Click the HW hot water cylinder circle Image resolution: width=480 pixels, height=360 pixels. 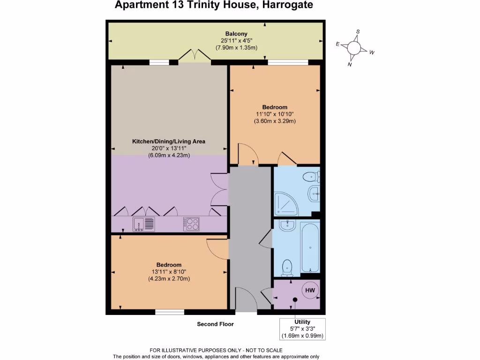coord(310,291)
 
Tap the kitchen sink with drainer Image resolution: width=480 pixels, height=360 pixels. coord(143,224)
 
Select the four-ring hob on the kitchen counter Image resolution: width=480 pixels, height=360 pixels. coord(191,224)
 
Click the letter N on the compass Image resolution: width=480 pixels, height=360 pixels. coord(349,65)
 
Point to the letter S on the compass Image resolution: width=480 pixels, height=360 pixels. coord(358,32)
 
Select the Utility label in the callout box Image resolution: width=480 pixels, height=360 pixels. coord(302,322)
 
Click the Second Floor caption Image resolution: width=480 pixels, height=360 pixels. coord(215,324)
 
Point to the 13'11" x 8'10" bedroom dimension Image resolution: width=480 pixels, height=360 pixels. coord(169,272)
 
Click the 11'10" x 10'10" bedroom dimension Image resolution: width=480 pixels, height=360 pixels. coord(275,114)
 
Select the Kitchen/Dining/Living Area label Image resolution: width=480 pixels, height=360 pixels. coord(169,141)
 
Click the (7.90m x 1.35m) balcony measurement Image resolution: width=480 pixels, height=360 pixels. coord(236,48)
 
